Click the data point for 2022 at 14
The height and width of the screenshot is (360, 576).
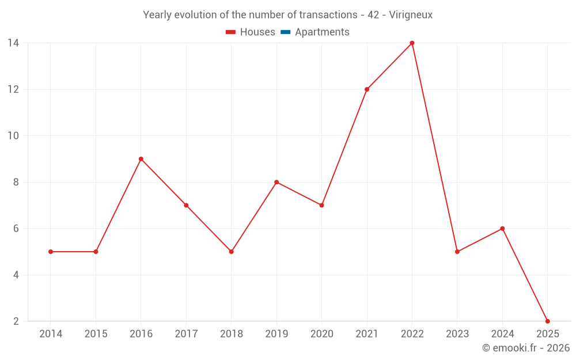(412, 43)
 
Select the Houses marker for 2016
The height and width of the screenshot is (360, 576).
(141, 159)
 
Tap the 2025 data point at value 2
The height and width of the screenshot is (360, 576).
(547, 321)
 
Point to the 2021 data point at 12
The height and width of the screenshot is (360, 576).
(367, 89)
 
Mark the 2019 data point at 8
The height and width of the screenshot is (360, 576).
(276, 182)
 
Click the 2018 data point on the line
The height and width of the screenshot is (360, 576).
(231, 252)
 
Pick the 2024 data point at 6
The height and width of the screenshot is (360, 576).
(502, 229)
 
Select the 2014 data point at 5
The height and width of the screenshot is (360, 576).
(51, 252)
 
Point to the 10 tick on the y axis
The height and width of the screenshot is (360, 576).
(13, 136)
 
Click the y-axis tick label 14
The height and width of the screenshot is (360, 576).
(13, 43)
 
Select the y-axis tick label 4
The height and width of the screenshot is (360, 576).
(16, 275)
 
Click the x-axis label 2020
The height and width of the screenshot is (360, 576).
(321, 334)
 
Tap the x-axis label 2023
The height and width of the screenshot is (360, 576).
(457, 334)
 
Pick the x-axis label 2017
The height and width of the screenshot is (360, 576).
(186, 334)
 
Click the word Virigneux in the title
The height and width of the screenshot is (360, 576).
(411, 15)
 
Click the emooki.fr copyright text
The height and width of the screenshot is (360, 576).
(526, 348)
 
